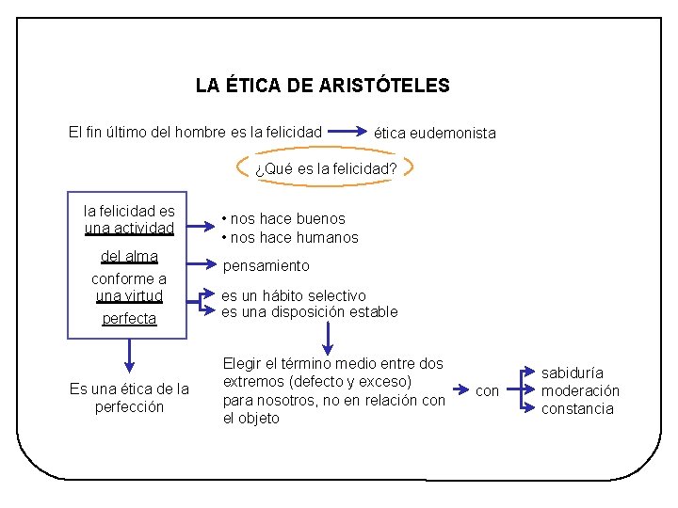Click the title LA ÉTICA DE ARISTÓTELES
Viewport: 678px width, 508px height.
[x=322, y=86]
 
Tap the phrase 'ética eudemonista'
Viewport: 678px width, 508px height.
[x=434, y=133]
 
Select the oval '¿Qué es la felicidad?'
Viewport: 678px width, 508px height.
[x=326, y=169]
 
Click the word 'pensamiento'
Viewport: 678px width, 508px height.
[x=266, y=266]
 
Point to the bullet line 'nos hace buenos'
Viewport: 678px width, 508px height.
[x=283, y=218]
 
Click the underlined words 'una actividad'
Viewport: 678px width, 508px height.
[x=129, y=229]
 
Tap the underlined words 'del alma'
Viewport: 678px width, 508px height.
[x=129, y=257]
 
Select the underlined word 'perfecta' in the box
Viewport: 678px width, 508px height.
[x=129, y=319]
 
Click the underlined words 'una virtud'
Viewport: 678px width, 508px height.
[x=129, y=296]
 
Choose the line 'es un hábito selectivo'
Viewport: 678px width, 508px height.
[x=294, y=295]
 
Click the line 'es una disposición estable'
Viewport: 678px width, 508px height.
[x=309, y=312]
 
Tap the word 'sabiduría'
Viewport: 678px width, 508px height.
[x=572, y=373]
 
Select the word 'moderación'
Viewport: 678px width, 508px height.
[x=580, y=390]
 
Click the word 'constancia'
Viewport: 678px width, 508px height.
[x=577, y=408]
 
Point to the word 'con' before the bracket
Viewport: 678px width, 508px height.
[x=487, y=390]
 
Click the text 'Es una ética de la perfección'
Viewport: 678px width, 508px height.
[x=129, y=398]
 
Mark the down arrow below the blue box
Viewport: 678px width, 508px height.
[x=129, y=357]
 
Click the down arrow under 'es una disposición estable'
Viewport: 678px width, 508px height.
[x=329, y=336]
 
